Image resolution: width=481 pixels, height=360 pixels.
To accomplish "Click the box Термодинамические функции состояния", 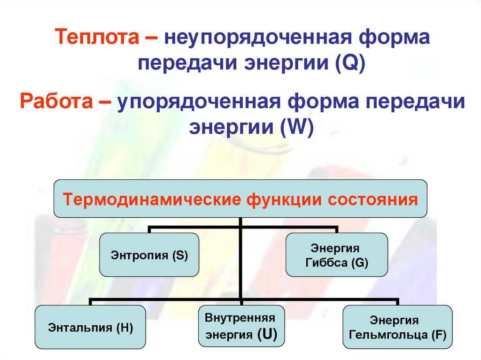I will (240, 199).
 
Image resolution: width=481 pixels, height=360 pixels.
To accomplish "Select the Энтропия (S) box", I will (149, 255).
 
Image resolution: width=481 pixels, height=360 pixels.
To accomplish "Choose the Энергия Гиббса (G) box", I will (336, 255).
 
